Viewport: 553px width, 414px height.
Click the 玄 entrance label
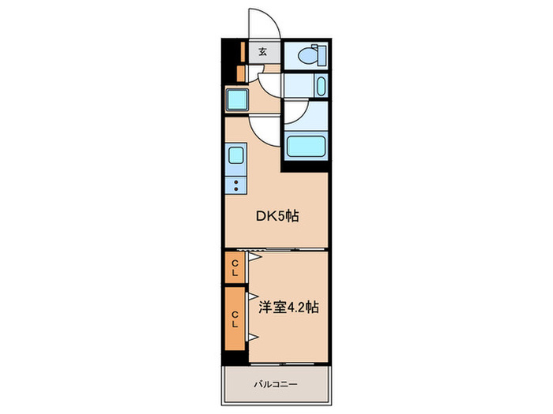click(x=263, y=52)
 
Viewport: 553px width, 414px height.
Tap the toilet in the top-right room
click(x=310, y=55)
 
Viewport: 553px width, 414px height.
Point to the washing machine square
click(x=237, y=101)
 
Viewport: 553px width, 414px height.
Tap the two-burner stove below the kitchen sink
click(x=236, y=185)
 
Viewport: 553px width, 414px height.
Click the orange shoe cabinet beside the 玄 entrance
click(x=243, y=52)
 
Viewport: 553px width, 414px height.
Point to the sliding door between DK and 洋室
click(x=277, y=250)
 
